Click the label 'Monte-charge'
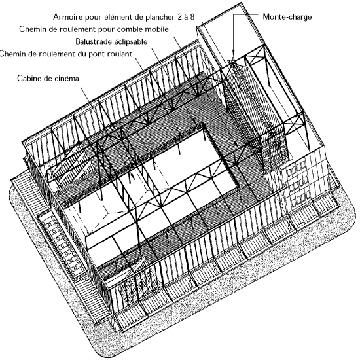pyautogui.click(x=287, y=17)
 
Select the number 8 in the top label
pyautogui.click(x=192, y=17)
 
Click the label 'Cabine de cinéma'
pyautogui.click(x=48, y=79)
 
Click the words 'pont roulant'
pyautogui.click(x=111, y=54)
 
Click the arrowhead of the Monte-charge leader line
pyautogui.click(x=233, y=53)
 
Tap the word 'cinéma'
pyautogui.click(x=67, y=79)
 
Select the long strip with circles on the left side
pyautogui.click(x=62, y=245)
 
